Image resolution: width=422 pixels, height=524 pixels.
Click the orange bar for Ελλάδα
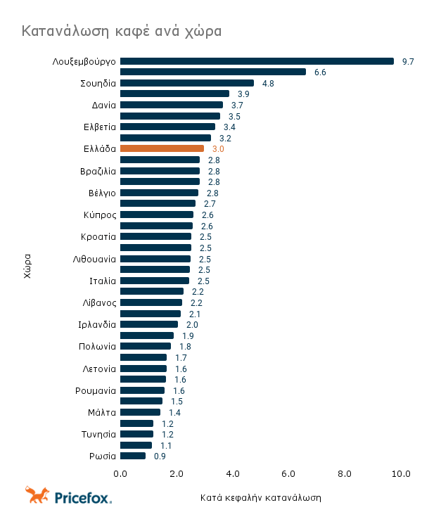(162, 149)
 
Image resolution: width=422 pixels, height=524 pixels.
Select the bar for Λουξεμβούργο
(257, 61)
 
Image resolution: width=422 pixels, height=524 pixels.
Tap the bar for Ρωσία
(133, 456)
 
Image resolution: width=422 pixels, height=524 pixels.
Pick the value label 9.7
(408, 62)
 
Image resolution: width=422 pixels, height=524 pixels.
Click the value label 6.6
(320, 72)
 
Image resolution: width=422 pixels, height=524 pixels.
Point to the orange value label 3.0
(218, 149)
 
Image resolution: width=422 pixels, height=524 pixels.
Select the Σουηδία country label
(98, 83)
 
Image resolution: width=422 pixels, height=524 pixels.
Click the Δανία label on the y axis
(104, 106)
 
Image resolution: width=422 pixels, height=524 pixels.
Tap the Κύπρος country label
(99, 215)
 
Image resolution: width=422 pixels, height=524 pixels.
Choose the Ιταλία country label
(103, 281)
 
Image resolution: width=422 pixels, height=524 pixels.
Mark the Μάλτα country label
(102, 412)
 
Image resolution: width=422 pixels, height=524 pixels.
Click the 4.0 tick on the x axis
(233, 474)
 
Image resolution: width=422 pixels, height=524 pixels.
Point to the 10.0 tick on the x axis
(401, 474)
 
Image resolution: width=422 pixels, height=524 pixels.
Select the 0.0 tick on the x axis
(121, 474)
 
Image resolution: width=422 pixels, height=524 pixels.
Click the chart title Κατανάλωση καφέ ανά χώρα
(122, 32)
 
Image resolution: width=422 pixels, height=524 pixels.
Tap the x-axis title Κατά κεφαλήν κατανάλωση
(260, 498)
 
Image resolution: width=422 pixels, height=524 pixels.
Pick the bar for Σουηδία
(187, 83)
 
